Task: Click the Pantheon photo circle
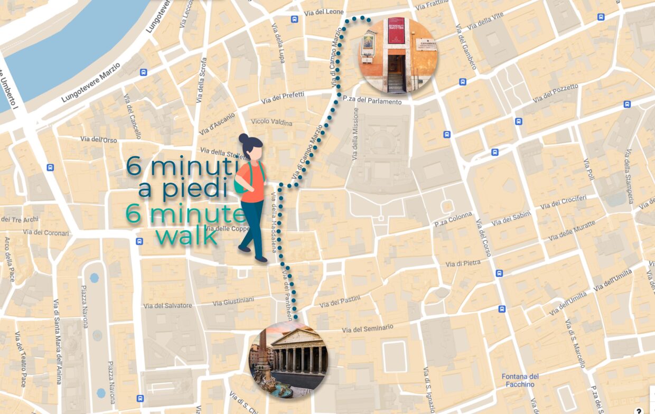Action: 288,359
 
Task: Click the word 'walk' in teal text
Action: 188,237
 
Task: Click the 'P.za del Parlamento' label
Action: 372,101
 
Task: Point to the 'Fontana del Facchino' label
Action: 520,380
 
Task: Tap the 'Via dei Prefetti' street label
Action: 283,97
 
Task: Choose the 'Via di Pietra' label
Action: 463,263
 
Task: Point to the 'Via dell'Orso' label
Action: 99,139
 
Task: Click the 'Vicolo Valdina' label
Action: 272,122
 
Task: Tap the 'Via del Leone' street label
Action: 322,12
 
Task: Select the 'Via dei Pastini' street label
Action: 340,302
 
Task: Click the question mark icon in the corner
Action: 639,410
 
